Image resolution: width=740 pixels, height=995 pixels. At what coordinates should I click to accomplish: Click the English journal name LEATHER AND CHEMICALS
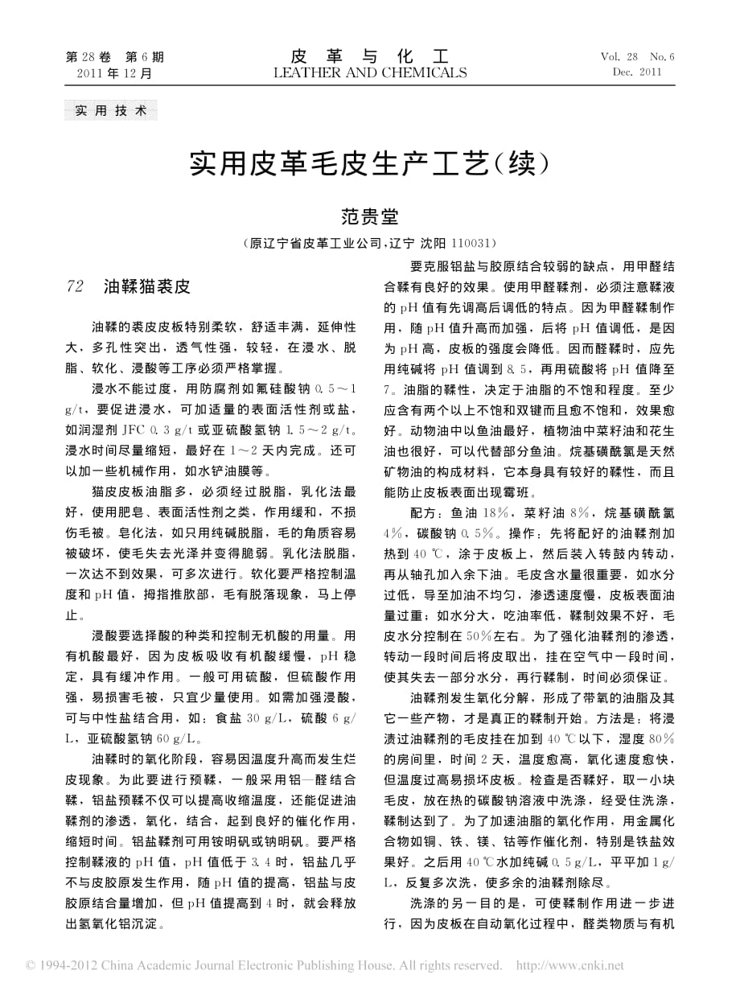click(369, 73)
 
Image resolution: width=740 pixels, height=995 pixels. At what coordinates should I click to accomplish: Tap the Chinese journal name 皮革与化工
click(369, 56)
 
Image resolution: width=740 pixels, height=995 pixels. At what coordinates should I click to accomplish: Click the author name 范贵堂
click(369, 216)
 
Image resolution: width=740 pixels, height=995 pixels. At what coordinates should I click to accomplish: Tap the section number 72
click(74, 286)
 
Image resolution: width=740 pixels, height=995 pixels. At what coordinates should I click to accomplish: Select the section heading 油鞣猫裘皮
click(146, 286)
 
